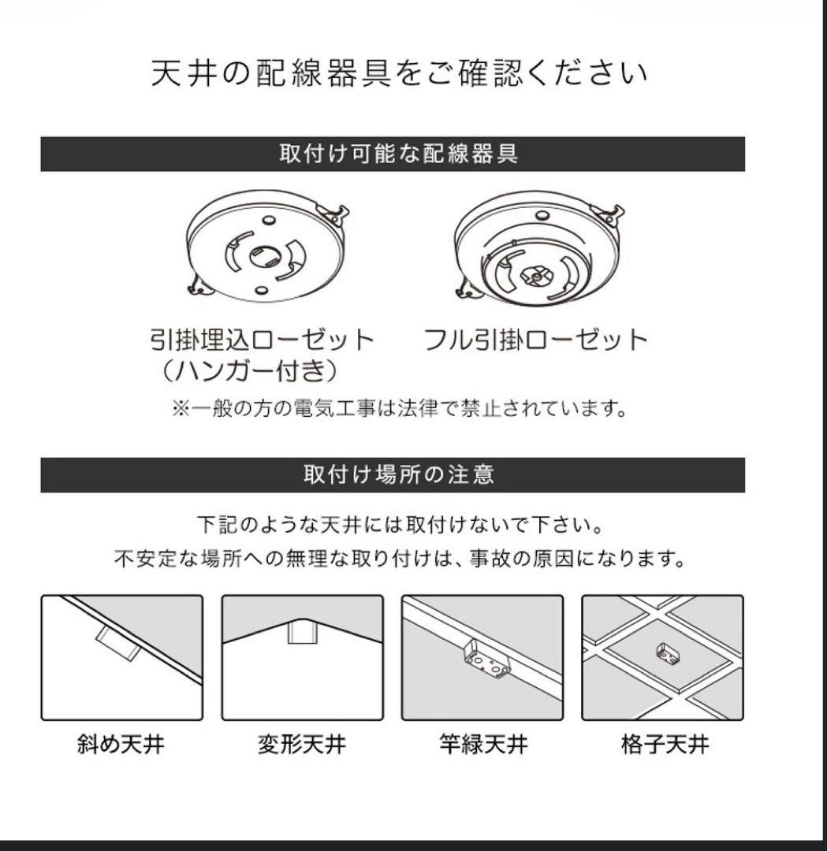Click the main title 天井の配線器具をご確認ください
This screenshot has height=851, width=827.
tap(399, 73)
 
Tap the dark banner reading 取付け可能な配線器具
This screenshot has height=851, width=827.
tap(393, 154)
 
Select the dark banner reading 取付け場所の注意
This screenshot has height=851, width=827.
tap(393, 475)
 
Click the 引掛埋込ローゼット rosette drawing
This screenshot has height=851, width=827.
tap(266, 253)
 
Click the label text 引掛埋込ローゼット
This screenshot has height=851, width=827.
tap(261, 340)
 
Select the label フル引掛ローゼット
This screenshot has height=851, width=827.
tap(535, 340)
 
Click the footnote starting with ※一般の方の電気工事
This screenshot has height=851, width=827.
tap(399, 409)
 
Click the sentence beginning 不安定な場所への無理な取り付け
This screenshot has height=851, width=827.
tap(399, 559)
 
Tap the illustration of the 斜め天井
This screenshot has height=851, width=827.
tap(121, 657)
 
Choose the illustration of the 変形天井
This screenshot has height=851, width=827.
tap(302, 657)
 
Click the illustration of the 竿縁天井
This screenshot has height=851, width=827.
tap(482, 657)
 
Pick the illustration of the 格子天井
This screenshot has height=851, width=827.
tap(662, 657)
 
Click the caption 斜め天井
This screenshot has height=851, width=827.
tap(121, 744)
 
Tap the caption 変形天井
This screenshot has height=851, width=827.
tap(302, 744)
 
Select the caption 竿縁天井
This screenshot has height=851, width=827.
tap(483, 744)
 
